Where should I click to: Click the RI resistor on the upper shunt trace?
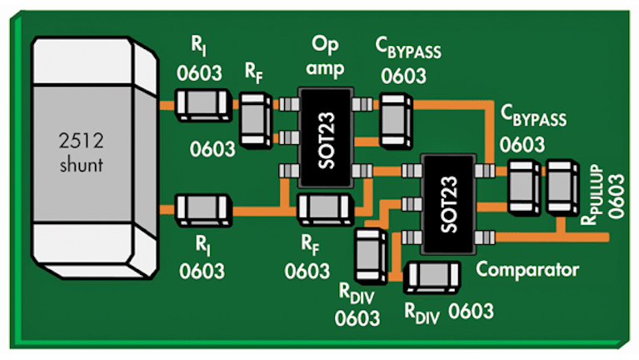click(203, 106)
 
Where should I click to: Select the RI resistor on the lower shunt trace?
click(203, 207)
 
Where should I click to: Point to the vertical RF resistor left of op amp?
click(256, 121)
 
